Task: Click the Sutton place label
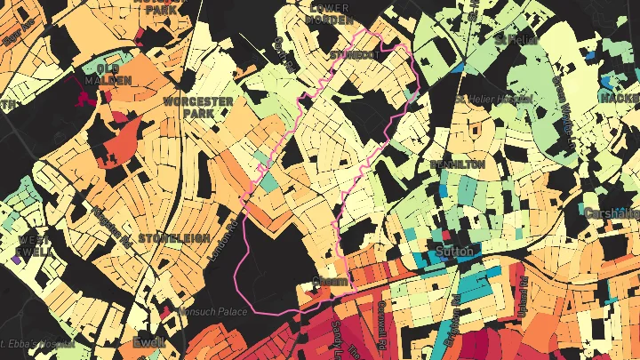point(458,251)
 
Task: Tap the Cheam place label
point(330,282)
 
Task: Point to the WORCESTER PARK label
point(198,108)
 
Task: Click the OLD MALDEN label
point(108,74)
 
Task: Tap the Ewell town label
point(148,342)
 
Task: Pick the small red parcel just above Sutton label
point(445,236)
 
